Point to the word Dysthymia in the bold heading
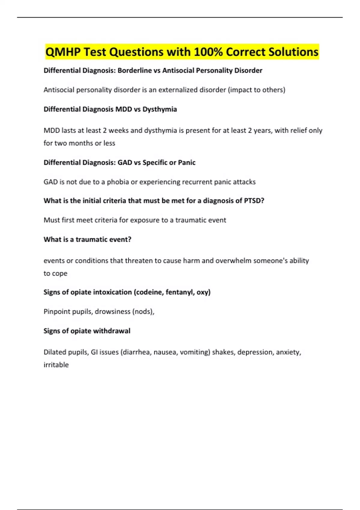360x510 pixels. pyautogui.click(x=160, y=109)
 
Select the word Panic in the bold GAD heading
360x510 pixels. pyautogui.click(x=187, y=163)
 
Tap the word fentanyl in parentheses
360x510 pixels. pyautogui.click(x=179, y=292)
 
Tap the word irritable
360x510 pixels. pyautogui.click(x=56, y=365)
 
